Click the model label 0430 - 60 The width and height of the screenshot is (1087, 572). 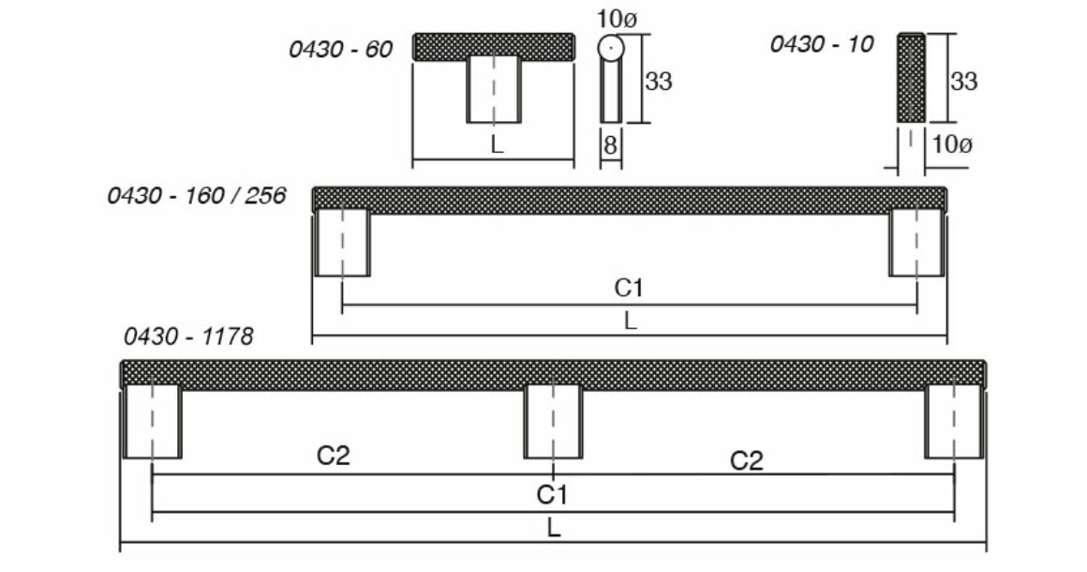340,49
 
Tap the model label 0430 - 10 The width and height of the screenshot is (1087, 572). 822,44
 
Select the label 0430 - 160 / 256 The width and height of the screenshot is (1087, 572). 196,196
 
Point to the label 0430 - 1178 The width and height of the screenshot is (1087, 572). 188,337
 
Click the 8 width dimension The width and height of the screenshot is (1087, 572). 610,145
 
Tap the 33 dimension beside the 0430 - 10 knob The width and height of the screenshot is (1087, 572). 963,82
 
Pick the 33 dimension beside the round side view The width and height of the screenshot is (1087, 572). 659,82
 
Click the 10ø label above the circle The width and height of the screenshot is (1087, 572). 617,20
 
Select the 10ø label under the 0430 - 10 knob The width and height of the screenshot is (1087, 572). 952,144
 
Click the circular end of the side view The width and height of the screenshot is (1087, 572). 611,48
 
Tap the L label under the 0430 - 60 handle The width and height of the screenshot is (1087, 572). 497,145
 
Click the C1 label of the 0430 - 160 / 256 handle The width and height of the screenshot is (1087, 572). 629,288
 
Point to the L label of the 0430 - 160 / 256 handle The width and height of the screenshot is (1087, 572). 630,321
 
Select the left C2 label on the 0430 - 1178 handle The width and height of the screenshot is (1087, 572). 334,456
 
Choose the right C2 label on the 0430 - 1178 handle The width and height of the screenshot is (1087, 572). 747,460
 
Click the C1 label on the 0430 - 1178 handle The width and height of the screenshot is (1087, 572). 552,495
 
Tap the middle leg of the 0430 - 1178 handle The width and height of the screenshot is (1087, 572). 553,422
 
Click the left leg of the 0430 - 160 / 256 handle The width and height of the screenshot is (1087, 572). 342,244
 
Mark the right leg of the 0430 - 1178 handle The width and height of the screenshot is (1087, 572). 953,422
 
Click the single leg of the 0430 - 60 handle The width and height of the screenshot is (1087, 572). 494,90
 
